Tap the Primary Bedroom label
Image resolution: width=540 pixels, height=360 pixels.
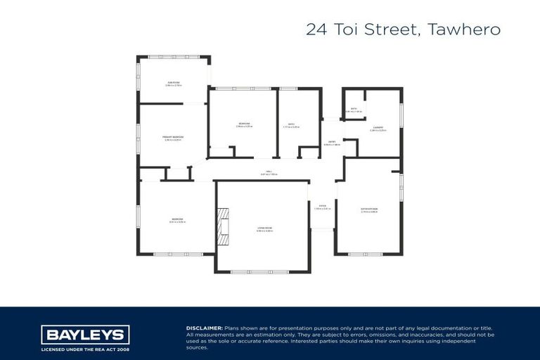173,137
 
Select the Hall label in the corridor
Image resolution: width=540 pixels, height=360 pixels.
269,172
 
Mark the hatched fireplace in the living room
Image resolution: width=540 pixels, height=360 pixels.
223,226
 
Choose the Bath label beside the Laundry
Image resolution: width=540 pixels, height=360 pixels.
354,109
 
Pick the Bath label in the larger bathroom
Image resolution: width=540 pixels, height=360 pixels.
291,125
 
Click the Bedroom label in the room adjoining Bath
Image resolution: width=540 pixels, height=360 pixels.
244,124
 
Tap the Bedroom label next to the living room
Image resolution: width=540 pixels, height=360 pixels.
176,220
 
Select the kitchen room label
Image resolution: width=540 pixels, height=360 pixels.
369,209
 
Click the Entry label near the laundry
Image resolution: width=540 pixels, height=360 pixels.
331,143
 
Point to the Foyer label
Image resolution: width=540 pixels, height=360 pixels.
322,207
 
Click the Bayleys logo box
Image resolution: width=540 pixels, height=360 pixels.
85,335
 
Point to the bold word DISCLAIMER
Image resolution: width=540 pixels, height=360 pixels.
204,328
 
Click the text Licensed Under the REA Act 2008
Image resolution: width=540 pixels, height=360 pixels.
85,349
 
